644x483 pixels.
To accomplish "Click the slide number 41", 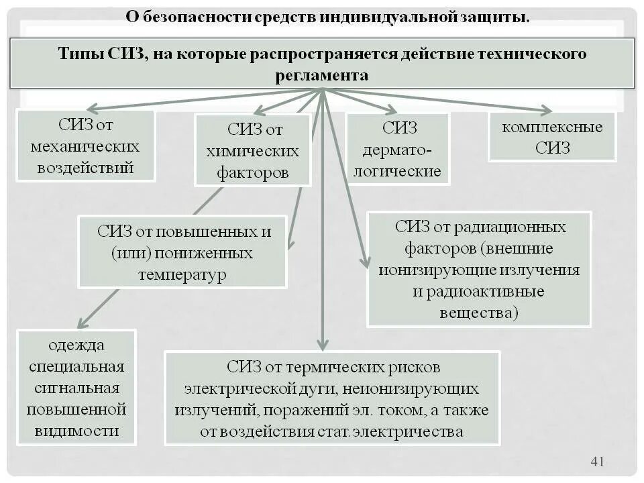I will click(x=597, y=461).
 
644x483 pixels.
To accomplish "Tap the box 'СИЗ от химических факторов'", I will click(x=253, y=150).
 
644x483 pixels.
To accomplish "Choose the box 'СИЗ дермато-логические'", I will click(x=398, y=149).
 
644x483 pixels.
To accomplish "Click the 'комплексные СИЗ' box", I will click(x=551, y=137).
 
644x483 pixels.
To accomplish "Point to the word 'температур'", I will click(x=182, y=275).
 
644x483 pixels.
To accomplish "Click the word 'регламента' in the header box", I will click(x=321, y=76).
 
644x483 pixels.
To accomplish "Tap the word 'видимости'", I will click(x=76, y=431).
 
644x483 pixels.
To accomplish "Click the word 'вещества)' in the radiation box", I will click(x=479, y=313).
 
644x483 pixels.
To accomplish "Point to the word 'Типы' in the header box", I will click(x=80, y=54).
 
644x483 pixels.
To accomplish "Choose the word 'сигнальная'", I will click(x=76, y=388).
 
